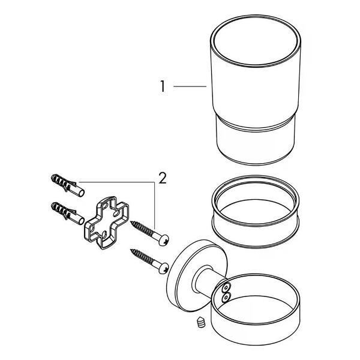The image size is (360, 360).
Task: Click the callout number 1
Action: point(163,86)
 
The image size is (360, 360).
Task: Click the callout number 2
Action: point(163,178)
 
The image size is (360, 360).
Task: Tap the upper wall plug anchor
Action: point(67,185)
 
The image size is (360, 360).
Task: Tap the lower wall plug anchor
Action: point(67,213)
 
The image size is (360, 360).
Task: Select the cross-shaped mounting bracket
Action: point(107,223)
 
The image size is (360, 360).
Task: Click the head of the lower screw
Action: point(163,268)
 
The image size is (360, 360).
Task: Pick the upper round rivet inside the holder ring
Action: point(227,287)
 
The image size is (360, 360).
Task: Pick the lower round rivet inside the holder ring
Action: point(226,298)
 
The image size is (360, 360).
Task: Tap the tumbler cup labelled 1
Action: point(256,90)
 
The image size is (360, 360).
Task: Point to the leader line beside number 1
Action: point(190,86)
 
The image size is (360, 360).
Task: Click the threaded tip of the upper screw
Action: point(133,223)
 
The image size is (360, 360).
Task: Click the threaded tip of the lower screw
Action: point(133,251)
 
